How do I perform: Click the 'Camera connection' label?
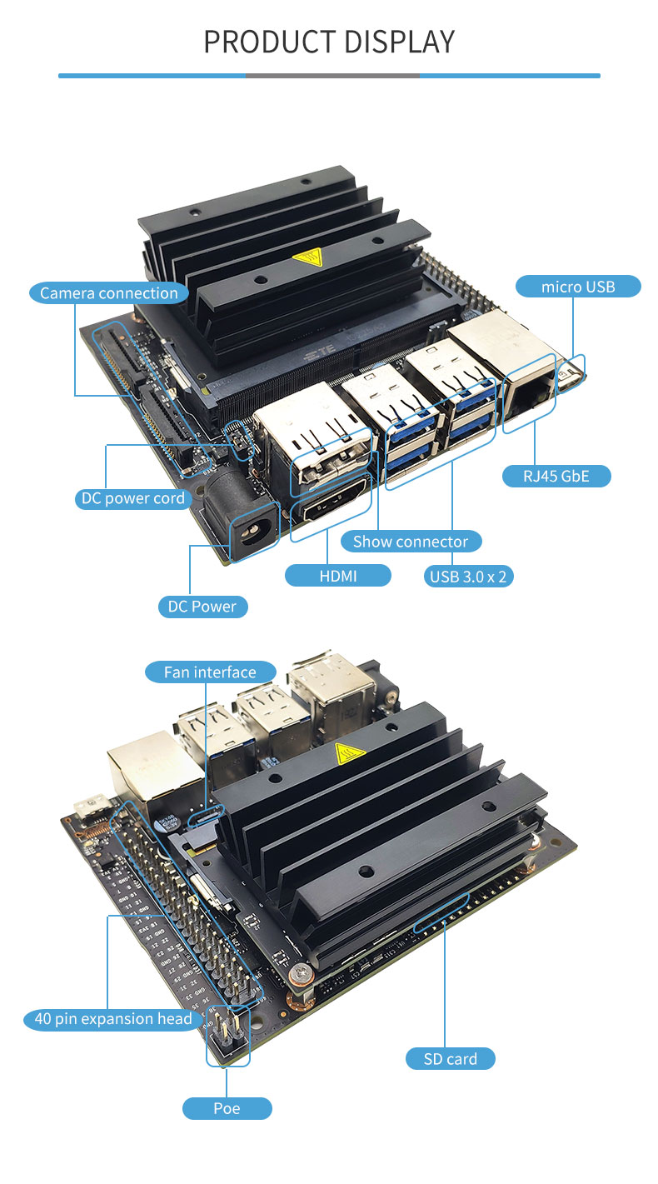point(109,292)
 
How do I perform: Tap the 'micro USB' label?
point(578,287)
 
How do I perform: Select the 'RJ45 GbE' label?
point(556,477)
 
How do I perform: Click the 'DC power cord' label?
point(133,498)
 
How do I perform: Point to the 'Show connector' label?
point(411,542)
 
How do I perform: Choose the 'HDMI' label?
point(338,576)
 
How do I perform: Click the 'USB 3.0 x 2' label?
point(468,576)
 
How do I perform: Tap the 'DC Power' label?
point(202,607)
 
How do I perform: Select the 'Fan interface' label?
point(211,672)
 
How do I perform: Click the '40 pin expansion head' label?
point(113,1018)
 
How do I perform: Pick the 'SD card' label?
point(451,1059)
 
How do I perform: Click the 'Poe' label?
point(227,1108)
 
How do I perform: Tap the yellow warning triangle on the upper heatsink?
point(308,257)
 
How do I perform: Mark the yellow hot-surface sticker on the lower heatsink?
point(350,753)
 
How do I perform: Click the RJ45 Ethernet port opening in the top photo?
point(530,394)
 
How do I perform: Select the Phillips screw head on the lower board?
point(301,971)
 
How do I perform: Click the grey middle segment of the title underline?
point(332,76)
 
